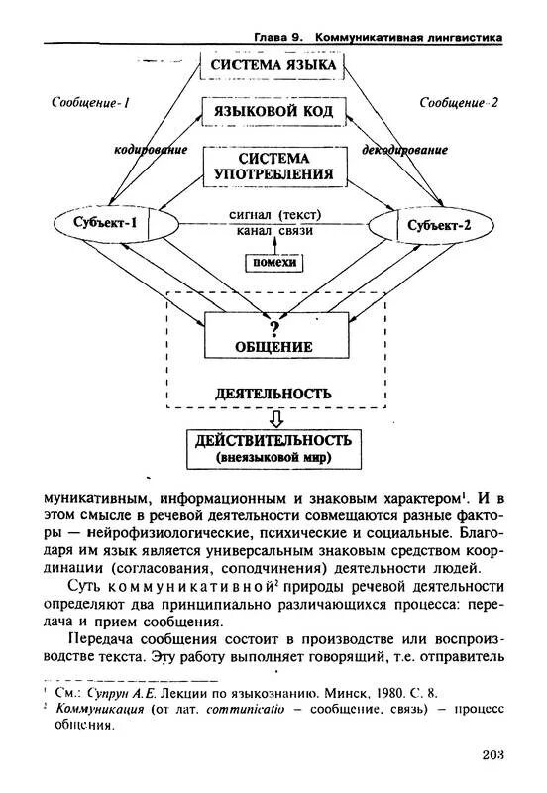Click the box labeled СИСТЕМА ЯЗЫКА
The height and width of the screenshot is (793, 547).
273,65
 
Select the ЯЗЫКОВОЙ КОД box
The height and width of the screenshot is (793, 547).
273,112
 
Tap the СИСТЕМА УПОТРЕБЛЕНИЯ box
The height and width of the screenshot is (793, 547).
273,167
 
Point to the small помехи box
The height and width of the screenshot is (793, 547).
273,262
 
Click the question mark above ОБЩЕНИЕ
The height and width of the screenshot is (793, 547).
274,327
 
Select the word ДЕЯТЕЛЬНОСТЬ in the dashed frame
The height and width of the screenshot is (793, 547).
273,393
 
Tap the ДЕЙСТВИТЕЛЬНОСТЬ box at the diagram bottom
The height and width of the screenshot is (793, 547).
273,449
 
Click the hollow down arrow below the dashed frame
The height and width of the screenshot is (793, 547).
274,418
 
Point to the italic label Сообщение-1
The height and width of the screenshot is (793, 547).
91,102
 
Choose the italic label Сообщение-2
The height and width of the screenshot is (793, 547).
459,102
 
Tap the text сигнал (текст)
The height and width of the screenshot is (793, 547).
274,214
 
